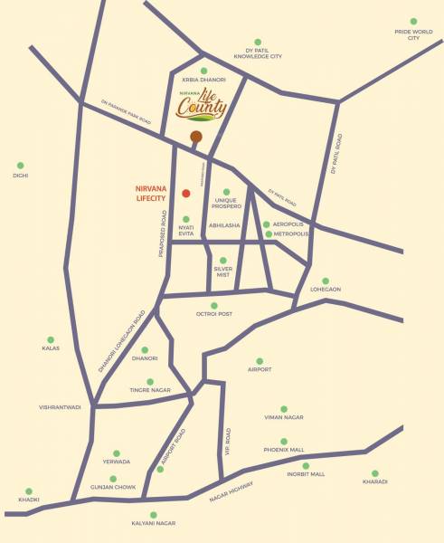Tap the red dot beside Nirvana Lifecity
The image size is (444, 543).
point(185,193)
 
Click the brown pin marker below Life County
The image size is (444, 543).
point(196,137)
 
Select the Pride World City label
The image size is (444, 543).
point(413,34)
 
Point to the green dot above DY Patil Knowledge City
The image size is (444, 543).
point(258,42)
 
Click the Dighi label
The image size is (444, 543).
point(21,176)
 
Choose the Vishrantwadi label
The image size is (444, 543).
point(60,407)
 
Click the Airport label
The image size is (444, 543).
point(260,369)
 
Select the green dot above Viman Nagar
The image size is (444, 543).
point(284,409)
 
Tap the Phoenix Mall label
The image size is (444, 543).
point(284,450)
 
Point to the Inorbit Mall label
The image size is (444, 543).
point(306,474)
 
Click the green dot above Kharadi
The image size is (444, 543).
point(375,472)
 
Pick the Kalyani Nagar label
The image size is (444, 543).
point(153,523)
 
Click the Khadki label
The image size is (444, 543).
point(29,500)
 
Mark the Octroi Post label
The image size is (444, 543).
point(214,314)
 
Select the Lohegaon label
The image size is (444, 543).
point(326,289)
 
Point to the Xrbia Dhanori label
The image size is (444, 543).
point(203,80)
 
